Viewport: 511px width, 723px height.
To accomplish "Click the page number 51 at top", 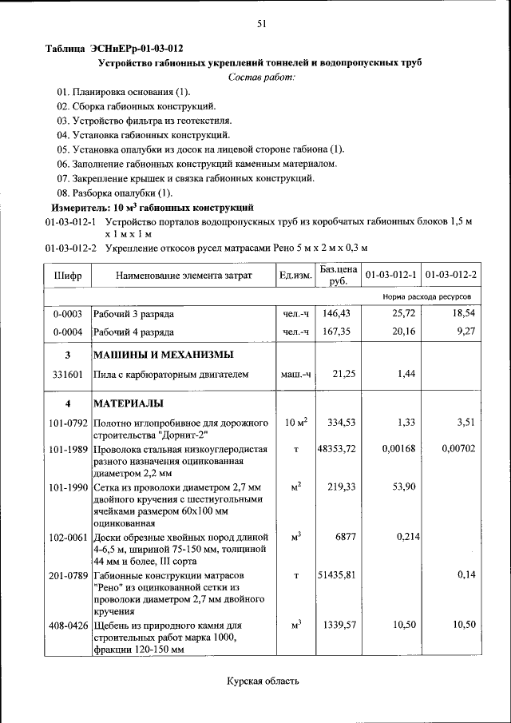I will [x=261, y=24].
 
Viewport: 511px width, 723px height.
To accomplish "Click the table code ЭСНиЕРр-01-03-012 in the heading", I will [x=131, y=48].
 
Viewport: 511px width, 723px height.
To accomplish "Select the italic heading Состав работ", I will [x=261, y=76].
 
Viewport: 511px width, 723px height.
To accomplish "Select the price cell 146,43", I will [x=338, y=315].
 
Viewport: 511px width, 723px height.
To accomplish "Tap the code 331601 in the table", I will [x=68, y=373].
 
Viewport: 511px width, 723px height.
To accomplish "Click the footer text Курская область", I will [x=263, y=681].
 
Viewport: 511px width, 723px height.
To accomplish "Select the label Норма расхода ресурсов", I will [x=430, y=296].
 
